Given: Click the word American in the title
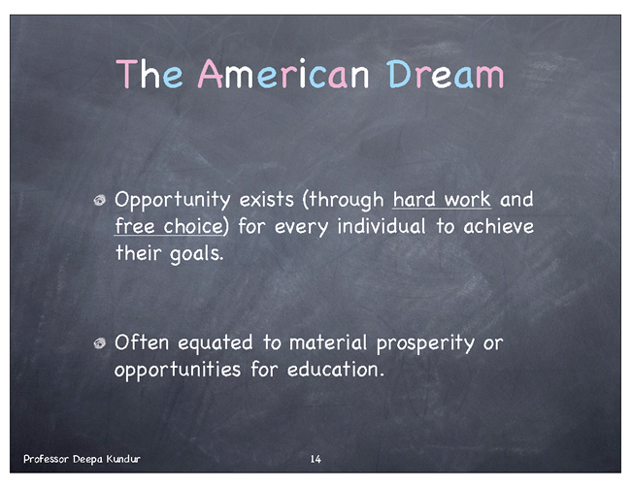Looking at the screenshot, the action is point(282,74).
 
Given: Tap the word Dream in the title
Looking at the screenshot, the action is point(445,75).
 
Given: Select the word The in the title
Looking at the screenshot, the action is point(149,74).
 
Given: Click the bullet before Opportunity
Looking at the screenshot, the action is point(99,200).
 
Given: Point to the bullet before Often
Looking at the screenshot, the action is point(99,343).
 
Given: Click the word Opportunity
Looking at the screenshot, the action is point(172,201).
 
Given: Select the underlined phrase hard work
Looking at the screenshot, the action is point(442,200).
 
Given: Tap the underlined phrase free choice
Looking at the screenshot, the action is point(169,226).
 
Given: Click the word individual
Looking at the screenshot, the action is point(382,226).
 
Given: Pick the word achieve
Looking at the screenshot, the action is point(499,226).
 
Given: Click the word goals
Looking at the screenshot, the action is point(196,254).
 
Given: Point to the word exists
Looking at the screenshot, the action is point(266,200).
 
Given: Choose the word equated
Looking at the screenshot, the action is point(216,343).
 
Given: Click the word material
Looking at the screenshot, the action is point(328,342).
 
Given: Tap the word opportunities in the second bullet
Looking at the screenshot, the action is point(178,371).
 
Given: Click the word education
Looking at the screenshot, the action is point(336,370).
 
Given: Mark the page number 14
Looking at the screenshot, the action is point(315,459).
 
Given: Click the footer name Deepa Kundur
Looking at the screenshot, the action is point(107,459).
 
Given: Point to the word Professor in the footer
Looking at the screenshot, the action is point(46,459).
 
